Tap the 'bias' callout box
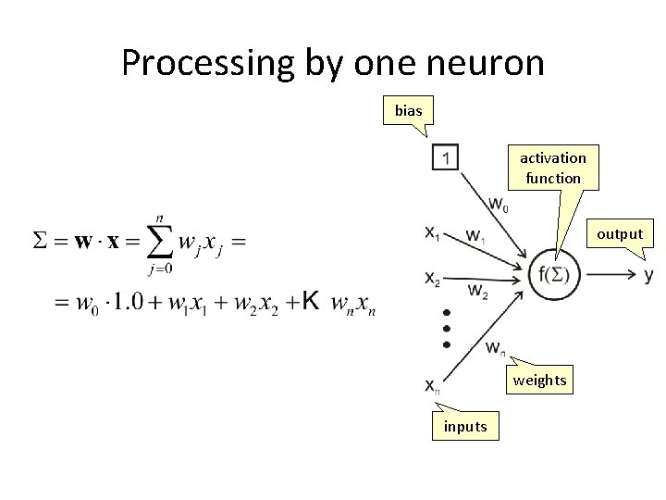pyautogui.click(x=408, y=110)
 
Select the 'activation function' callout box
pyautogui.click(x=552, y=168)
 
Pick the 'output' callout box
pyautogui.click(x=619, y=233)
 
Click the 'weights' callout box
pyautogui.click(x=539, y=381)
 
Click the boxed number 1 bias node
pyautogui.click(x=445, y=158)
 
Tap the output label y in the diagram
pyautogui.click(x=648, y=275)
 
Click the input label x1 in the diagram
pyautogui.click(x=433, y=234)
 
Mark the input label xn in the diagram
pyautogui.click(x=433, y=384)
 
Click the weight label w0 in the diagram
pyautogui.click(x=498, y=204)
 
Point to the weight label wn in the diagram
pyautogui.click(x=496, y=348)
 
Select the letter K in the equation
pyautogui.click(x=312, y=300)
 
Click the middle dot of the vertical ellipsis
pyautogui.click(x=447, y=328)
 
